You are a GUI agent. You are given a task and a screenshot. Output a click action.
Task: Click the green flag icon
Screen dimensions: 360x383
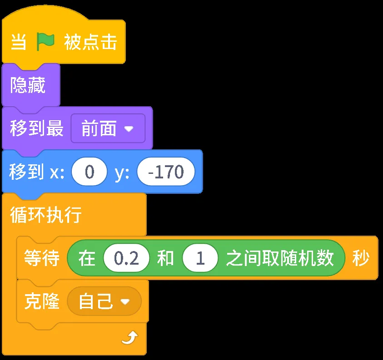[45, 42]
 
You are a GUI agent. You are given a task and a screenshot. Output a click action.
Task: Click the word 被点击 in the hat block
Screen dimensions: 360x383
[90, 42]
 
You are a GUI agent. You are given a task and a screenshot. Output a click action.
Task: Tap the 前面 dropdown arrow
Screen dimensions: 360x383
[129, 129]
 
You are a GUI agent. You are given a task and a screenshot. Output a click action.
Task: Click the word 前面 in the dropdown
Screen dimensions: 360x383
[99, 129]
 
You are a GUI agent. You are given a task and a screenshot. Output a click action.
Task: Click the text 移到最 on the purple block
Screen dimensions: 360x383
[37, 129]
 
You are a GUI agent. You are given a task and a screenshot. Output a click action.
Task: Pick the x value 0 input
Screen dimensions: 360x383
[90, 172]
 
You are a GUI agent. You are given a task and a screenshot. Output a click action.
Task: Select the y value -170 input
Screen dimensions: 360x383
[166, 172]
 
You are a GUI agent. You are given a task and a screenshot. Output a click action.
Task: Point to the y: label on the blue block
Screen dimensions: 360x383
[122, 172]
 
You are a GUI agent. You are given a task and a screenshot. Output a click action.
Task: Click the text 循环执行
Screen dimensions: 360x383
[45, 215]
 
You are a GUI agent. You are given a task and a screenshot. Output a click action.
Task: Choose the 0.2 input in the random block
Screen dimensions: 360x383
[126, 259]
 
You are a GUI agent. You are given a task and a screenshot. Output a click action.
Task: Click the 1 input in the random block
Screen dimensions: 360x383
[200, 259]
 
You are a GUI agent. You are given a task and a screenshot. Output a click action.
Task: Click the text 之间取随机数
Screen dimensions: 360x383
[280, 259]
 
